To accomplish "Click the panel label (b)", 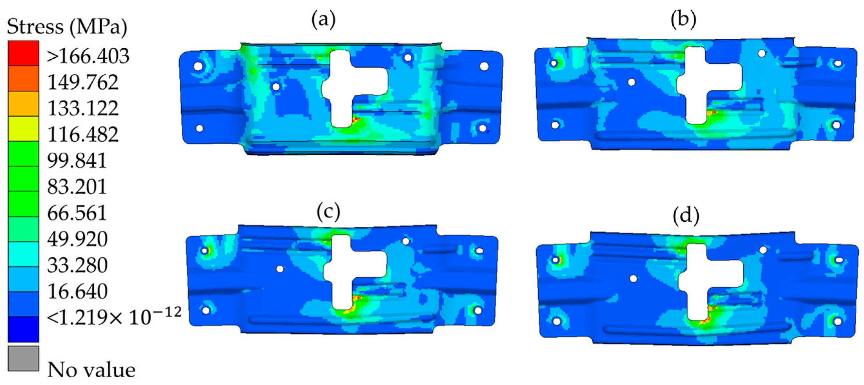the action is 683,19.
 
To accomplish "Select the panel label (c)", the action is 328,212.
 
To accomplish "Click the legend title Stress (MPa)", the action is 67,27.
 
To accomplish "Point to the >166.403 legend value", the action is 88,56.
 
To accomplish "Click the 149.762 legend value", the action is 83,82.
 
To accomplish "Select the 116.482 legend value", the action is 83,134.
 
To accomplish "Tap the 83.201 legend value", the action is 77,187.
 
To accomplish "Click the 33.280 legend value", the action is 77,265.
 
